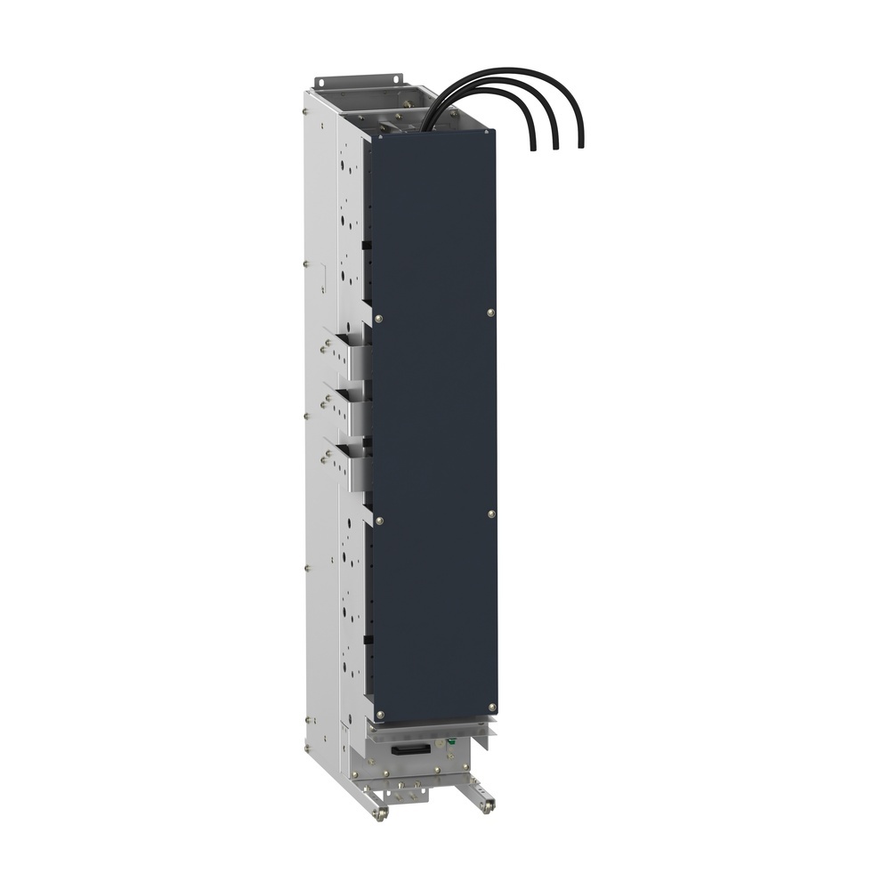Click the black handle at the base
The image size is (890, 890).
(415, 753)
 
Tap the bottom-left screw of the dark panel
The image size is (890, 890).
(379, 718)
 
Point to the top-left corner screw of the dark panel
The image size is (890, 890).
(379, 138)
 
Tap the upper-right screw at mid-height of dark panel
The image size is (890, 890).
(491, 311)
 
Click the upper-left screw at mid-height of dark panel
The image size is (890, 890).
(379, 320)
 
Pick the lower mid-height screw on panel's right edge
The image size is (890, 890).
(491, 514)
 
